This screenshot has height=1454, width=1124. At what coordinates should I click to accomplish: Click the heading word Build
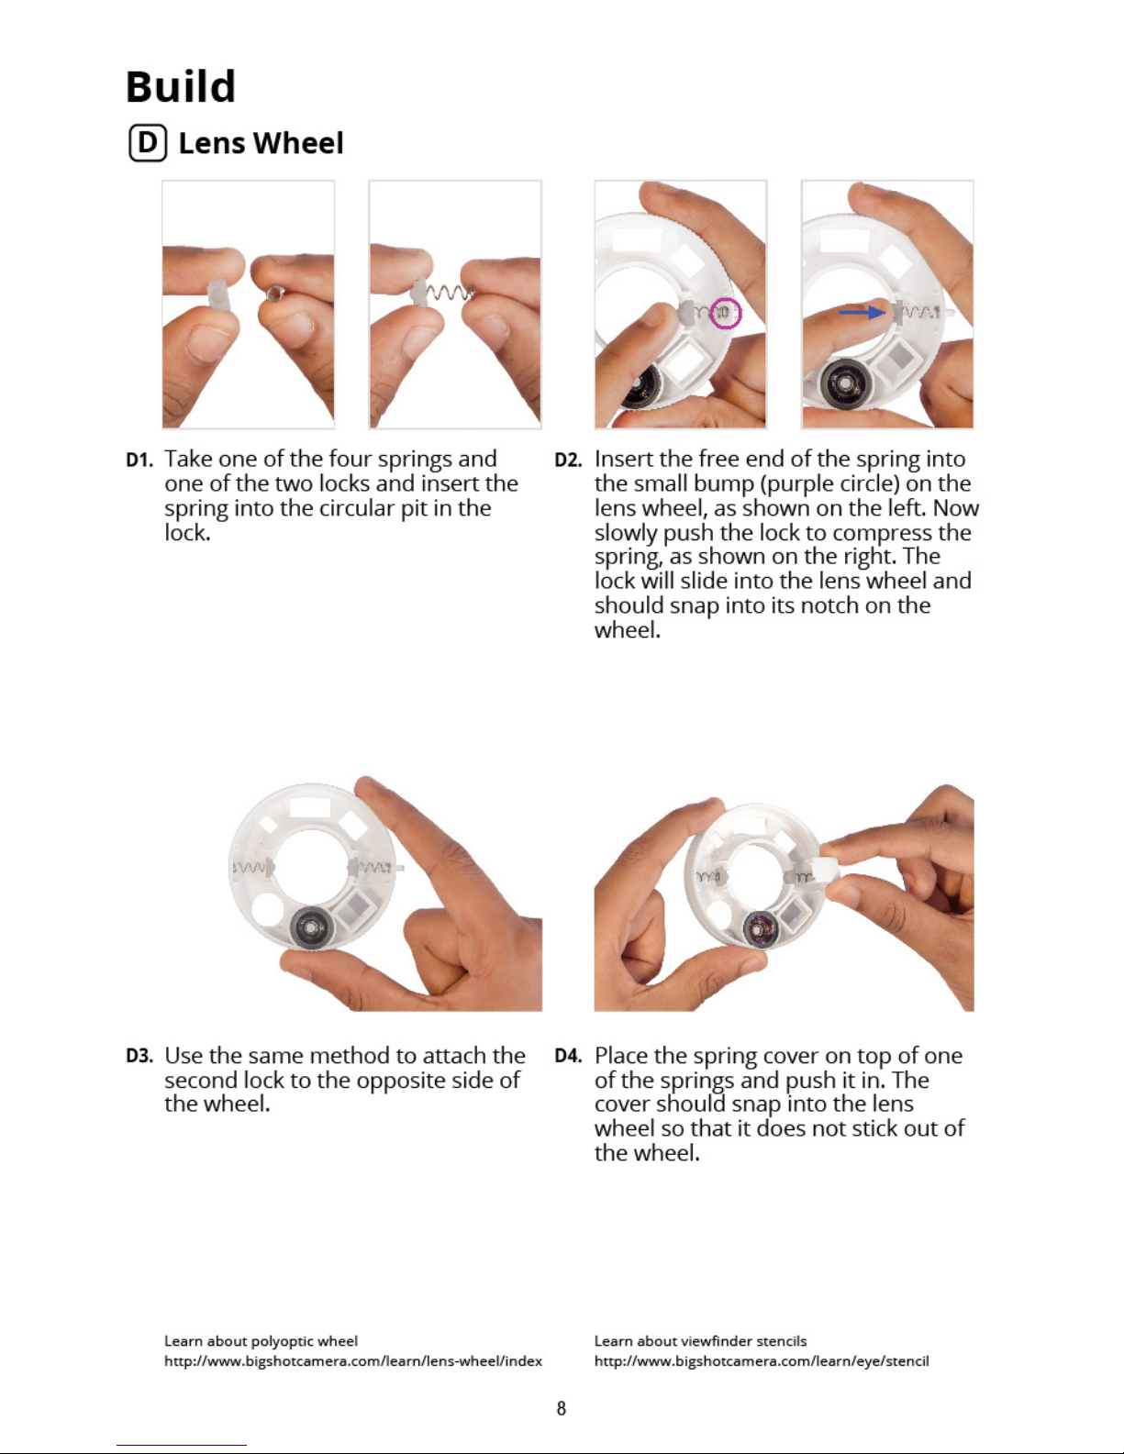181,87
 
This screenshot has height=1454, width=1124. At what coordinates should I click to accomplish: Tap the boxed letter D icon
148,143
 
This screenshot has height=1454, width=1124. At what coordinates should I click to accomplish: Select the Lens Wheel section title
261,143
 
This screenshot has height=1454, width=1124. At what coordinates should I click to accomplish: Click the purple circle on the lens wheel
725,313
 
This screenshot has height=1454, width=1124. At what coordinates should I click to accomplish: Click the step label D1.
139,461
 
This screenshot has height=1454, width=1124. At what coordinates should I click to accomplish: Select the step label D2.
568,461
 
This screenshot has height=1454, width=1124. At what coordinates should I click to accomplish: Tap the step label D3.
139,1057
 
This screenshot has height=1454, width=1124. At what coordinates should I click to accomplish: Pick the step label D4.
568,1057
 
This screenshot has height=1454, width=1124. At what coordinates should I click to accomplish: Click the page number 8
562,1408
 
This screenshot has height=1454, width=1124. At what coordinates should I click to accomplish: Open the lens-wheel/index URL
353,1361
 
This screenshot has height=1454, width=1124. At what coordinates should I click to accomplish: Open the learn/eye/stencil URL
762,1361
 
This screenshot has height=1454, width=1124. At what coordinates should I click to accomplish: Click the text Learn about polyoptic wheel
261,1341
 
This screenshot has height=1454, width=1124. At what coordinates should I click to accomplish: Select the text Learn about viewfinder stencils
700,1341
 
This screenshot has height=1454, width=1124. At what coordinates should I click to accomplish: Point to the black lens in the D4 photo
761,928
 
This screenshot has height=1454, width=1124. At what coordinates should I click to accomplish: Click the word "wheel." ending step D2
627,630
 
